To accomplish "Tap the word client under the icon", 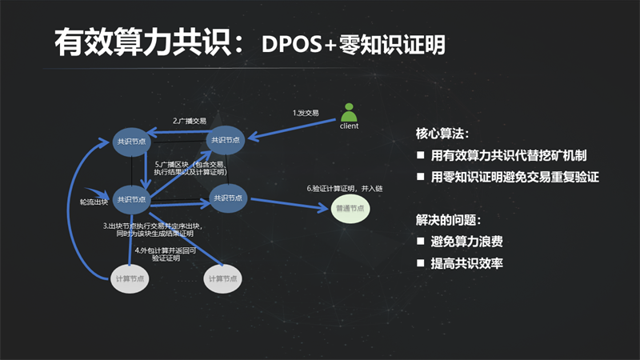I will point(349,126).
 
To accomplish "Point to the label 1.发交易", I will point(306,113).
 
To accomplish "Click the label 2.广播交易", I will point(190,121).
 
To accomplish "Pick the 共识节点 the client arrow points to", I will point(224,139).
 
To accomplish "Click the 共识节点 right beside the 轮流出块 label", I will point(131,199).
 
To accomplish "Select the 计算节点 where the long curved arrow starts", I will point(130,278).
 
